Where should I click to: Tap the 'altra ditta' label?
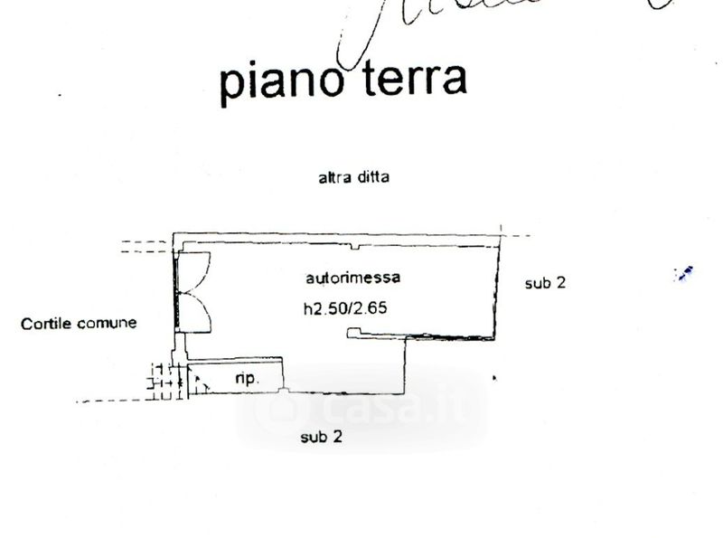353,178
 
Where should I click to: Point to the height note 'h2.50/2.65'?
352,307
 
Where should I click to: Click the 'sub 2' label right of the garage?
545,282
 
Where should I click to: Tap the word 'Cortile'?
48,323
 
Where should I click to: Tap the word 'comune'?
108,323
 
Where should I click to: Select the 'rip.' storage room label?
247,379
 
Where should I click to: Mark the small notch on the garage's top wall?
360,244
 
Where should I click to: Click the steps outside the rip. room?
163,382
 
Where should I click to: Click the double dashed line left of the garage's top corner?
144,244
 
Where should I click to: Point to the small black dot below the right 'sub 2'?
493,375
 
